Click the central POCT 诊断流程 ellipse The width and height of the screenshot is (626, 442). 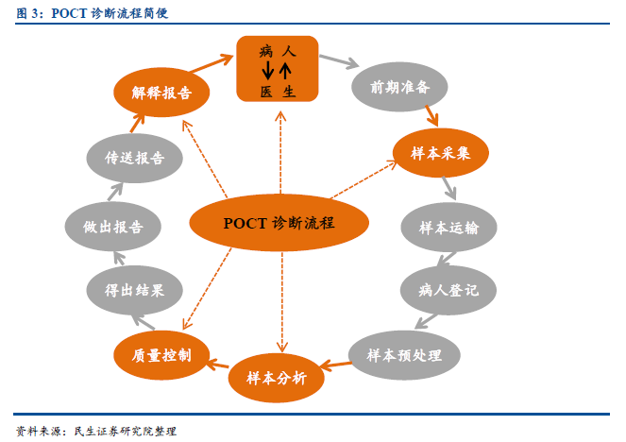point(279,222)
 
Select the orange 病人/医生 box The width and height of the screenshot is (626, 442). point(278,69)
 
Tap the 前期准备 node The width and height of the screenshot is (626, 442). point(399,87)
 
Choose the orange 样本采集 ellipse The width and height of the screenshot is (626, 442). point(441,153)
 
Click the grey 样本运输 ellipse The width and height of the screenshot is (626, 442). point(448,228)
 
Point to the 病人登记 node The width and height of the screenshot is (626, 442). point(448,290)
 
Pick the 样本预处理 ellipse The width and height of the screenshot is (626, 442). point(404,355)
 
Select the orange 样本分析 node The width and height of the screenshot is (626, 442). point(277,378)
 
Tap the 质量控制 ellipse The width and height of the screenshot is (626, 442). point(161,355)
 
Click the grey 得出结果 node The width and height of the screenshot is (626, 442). point(134,290)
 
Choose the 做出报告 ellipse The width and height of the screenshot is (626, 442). point(113,227)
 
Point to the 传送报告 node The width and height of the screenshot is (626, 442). point(134,158)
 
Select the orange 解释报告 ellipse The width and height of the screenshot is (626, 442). point(161,93)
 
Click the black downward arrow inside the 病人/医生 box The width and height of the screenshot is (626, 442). point(267,70)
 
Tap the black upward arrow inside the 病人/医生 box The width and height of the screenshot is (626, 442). point(285,70)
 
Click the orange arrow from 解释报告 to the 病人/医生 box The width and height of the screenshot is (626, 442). point(211,63)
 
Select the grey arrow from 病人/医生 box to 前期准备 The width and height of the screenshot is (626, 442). point(339,61)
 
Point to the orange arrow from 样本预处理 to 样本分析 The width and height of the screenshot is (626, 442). point(335,365)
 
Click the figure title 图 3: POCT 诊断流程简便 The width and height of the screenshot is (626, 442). point(93,13)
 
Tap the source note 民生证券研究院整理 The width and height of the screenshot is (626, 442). point(126,432)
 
